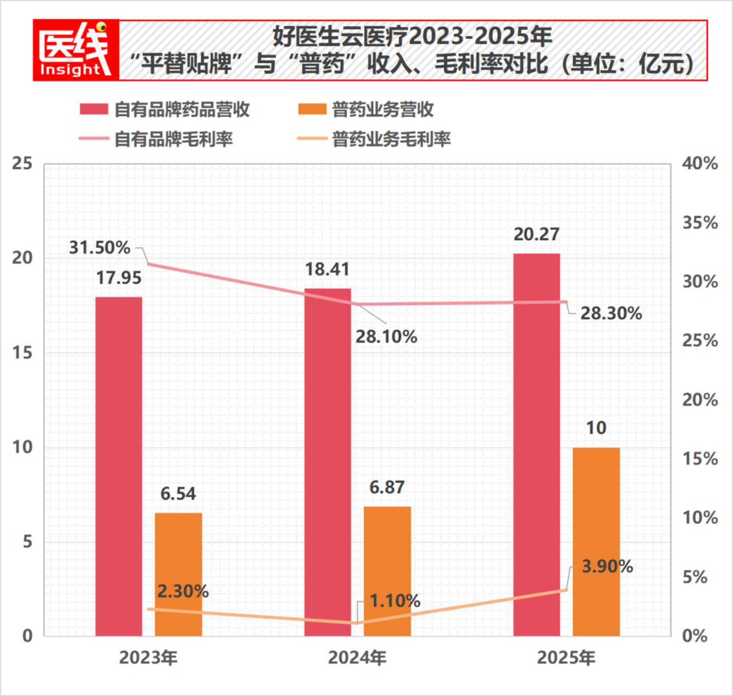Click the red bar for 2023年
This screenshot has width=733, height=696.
pos(119,466)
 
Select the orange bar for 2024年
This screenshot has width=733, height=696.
pos(387,571)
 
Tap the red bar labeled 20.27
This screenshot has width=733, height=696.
pos(536,445)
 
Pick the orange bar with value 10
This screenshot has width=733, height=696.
pos(596,542)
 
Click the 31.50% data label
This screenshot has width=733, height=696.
pos(99,248)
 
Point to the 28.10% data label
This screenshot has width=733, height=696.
pos(386,337)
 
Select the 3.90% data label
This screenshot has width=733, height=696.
pos(607,567)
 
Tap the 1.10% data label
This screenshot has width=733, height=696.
pos(395,601)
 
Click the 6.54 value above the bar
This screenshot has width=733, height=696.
pos(178,493)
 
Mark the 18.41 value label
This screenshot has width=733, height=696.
pos(328,270)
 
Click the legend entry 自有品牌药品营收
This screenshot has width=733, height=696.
pos(165,110)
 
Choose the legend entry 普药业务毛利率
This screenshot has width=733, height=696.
pos(373,139)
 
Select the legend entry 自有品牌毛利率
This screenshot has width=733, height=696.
pos(156,139)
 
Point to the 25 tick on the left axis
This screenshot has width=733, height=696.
pos(22,164)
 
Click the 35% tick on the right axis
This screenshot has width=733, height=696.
pos(700,223)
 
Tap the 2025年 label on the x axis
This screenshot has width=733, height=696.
pos(566,658)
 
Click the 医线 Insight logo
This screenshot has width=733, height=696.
pos(76,50)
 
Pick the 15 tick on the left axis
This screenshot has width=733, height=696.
pos(22,353)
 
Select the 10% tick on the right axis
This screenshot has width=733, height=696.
pos(700,518)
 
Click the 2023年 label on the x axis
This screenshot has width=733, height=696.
pos(148,658)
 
